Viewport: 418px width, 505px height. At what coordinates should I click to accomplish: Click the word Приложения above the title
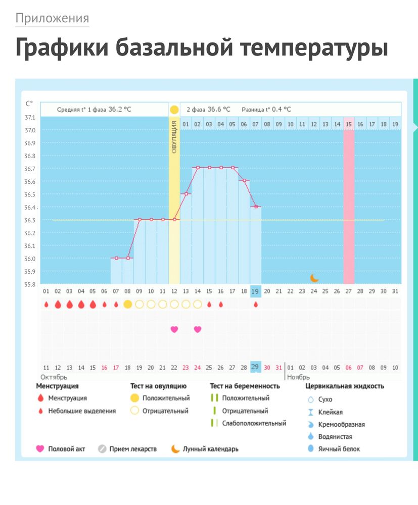coord(52,19)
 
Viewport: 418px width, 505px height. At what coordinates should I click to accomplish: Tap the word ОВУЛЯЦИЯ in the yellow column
coord(174,136)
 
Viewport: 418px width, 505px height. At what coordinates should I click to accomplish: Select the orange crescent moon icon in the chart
coord(314,278)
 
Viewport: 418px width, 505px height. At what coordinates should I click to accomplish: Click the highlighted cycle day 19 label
coord(256,291)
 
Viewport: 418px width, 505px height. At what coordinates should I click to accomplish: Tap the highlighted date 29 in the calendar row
coord(256,367)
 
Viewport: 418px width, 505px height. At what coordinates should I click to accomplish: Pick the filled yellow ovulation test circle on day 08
coord(128,304)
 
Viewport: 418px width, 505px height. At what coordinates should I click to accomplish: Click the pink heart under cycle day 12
coord(174,329)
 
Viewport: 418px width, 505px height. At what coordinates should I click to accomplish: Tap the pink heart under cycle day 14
coord(198,329)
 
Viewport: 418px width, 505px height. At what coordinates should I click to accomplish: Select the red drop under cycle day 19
coord(256,305)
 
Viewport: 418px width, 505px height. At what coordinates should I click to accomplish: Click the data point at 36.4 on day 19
coord(256,207)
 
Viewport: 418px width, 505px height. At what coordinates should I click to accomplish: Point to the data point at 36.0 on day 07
coord(116,258)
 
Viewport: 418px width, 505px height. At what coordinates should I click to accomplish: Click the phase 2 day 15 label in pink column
coord(349,124)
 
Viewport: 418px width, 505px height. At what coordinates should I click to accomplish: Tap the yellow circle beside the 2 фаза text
coord(174,110)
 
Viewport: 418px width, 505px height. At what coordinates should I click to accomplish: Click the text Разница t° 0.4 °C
coord(266,109)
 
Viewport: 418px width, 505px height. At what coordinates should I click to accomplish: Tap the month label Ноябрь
coord(298,377)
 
